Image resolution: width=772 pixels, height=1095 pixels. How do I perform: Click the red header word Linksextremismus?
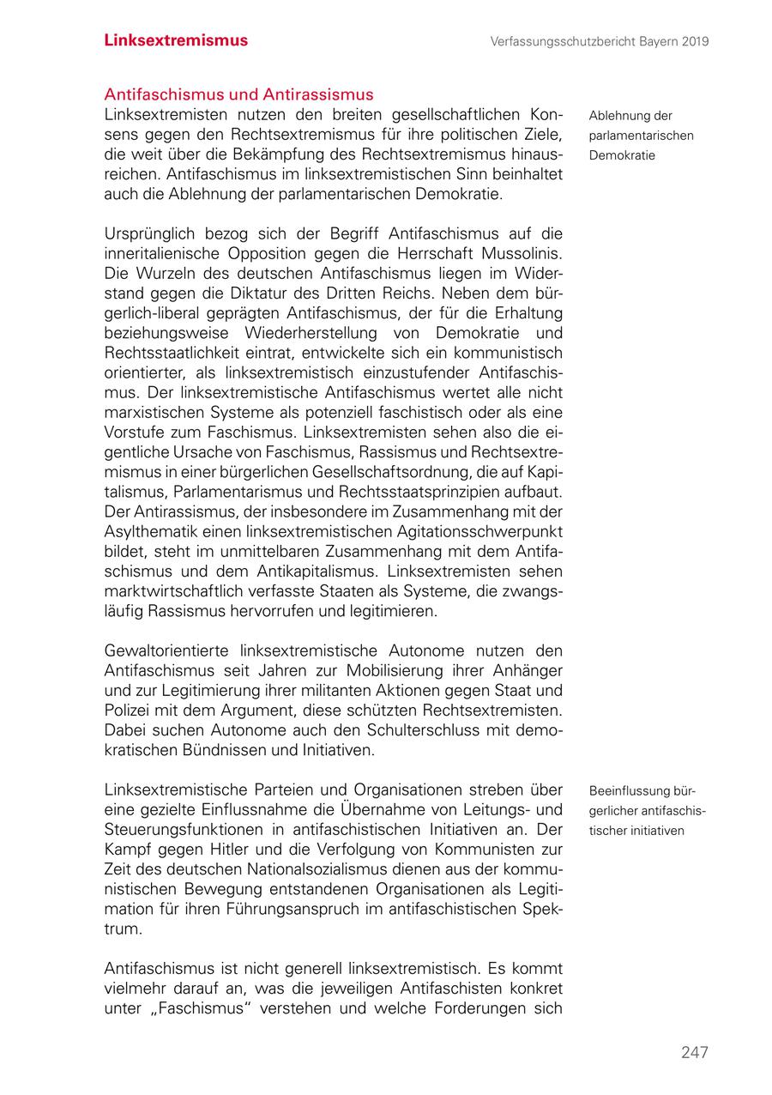pyautogui.click(x=176, y=40)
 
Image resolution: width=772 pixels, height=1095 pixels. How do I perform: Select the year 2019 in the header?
pyautogui.click(x=692, y=41)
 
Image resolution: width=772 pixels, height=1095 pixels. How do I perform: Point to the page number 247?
pyautogui.click(x=694, y=1052)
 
